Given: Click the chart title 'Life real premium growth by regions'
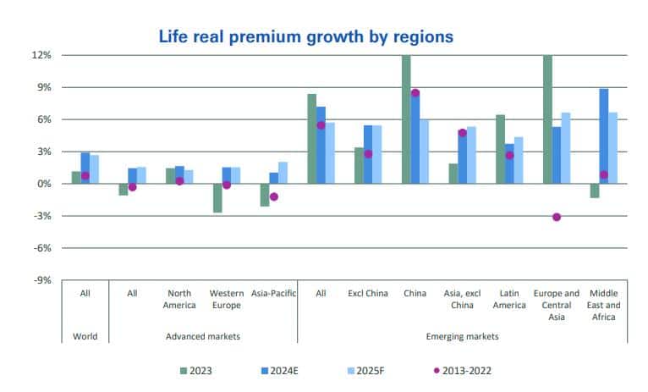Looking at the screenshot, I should coord(306,36).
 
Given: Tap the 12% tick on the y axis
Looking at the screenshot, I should coord(43,55).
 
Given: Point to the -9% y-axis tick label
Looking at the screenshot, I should coord(43,280).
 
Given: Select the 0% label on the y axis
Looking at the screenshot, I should coord(45,184).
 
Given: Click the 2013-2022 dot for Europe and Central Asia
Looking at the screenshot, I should coord(557,217).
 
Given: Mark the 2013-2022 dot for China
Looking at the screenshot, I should coord(415,93).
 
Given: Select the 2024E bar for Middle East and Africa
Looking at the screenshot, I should coord(604,136).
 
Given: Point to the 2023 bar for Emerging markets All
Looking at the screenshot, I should coord(311,139).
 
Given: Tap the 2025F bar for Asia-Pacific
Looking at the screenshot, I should coord(283,173).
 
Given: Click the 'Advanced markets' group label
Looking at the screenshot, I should coord(203,336).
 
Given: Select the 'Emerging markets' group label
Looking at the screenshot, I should coord(463,336).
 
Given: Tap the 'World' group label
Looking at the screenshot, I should coord(85,336).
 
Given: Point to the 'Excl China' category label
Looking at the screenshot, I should coord(368,294).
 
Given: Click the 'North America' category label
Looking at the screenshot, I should coord(179,299).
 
